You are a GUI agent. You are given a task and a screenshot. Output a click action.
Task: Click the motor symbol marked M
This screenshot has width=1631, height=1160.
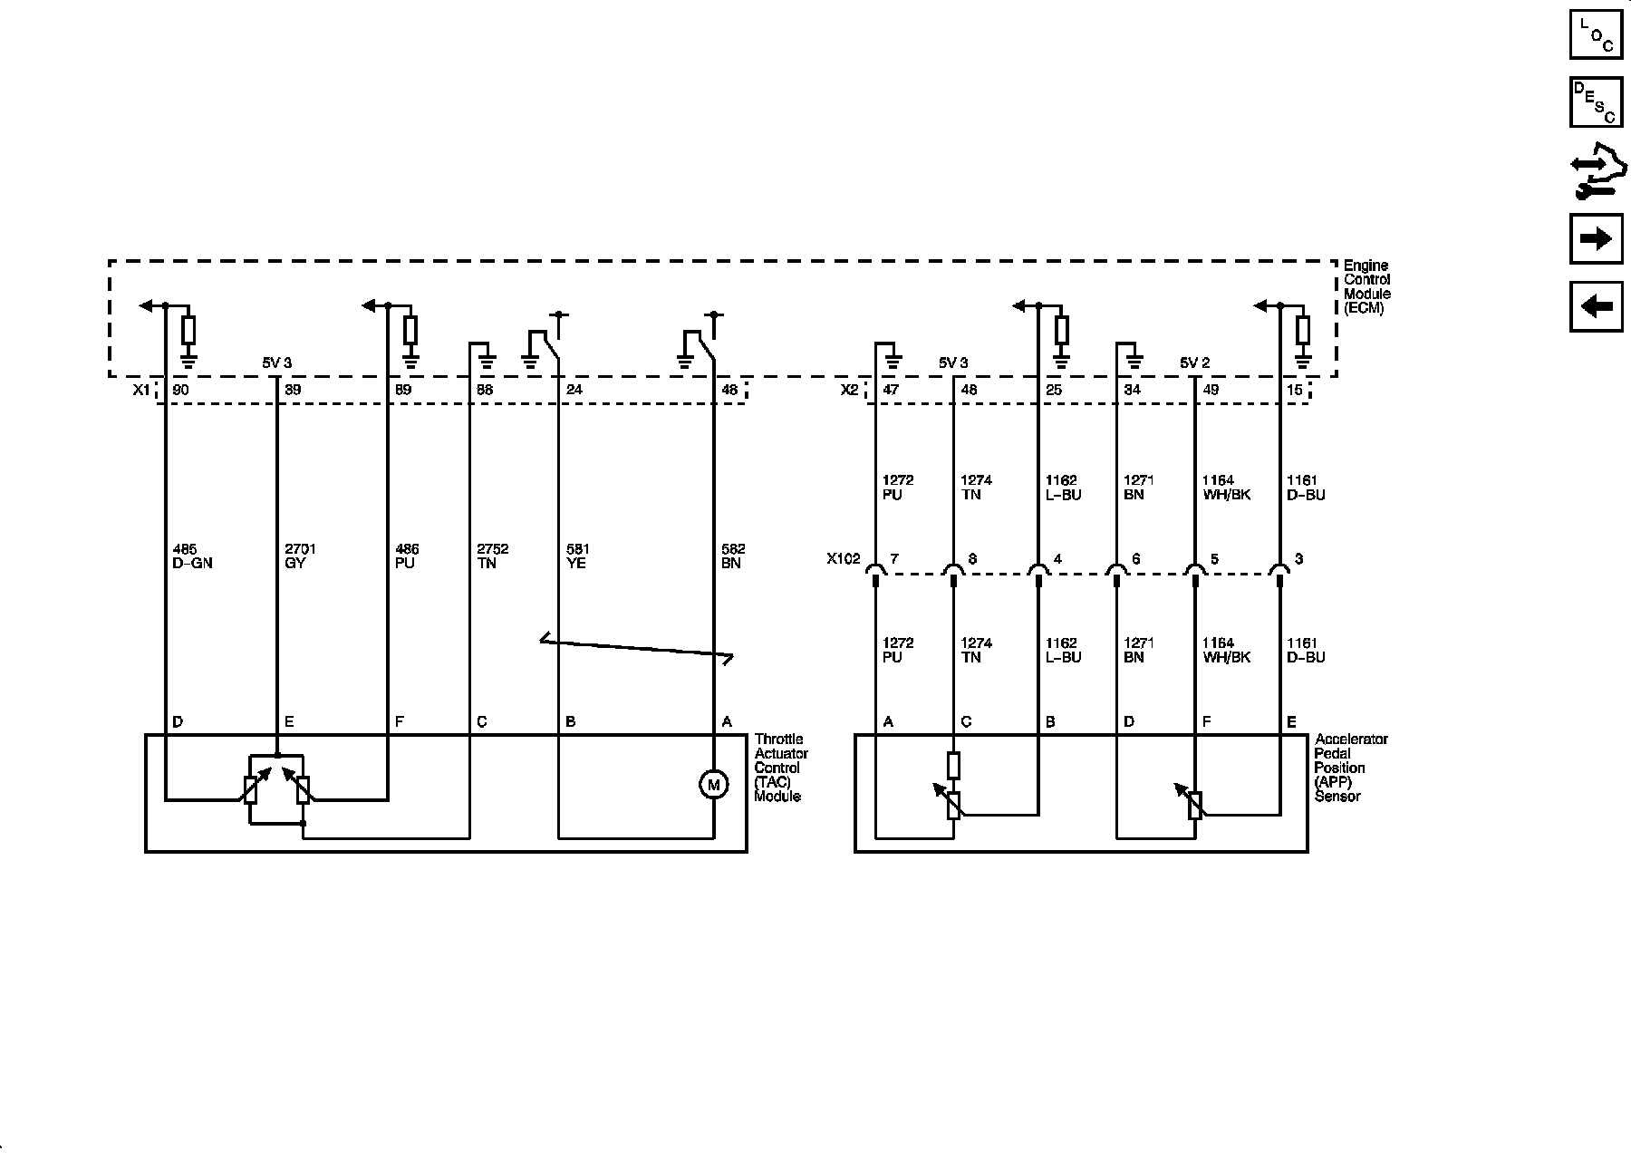[713, 785]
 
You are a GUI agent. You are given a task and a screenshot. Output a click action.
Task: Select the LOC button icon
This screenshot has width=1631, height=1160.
[1596, 34]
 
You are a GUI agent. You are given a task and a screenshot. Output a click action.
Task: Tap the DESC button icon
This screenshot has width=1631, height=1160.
[1596, 102]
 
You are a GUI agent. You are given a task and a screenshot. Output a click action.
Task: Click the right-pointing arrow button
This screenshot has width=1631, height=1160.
[1596, 238]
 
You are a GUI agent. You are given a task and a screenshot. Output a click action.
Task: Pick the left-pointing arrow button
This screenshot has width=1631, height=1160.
[1596, 306]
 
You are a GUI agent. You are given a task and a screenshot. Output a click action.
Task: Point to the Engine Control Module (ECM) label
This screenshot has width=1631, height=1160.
[1366, 286]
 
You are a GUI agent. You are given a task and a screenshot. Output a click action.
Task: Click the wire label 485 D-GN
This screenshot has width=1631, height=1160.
[192, 556]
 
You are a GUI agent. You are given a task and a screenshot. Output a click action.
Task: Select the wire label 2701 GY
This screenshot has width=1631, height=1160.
[300, 556]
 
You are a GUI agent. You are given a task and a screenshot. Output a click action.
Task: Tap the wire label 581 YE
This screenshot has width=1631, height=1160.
[576, 556]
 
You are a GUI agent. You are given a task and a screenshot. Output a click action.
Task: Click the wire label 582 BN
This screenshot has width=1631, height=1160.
[732, 556]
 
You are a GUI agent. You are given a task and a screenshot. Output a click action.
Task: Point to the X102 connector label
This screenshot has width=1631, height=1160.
[843, 559]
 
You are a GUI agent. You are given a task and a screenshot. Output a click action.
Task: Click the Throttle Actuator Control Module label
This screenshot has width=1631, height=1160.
[780, 768]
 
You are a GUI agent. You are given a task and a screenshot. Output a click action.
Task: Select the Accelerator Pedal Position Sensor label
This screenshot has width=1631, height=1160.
[1351, 768]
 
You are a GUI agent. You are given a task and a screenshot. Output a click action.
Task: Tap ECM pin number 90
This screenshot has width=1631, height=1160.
[180, 390]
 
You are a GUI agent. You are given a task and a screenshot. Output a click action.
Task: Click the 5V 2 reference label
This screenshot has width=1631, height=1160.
[1194, 362]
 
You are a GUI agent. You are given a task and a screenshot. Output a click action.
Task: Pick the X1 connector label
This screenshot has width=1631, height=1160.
[140, 390]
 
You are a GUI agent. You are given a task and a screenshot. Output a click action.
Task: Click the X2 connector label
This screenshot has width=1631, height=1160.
[849, 390]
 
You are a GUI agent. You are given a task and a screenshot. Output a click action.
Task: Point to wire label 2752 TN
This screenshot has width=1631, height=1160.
[493, 556]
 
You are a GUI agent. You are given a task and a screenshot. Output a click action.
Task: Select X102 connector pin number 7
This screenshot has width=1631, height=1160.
[894, 559]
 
